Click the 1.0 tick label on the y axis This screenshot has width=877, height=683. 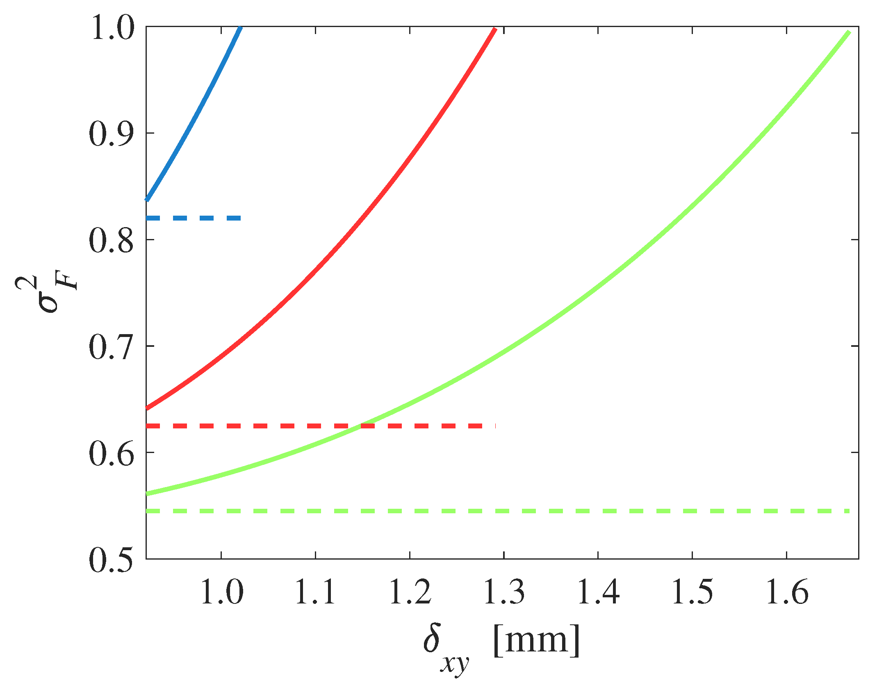point(111,28)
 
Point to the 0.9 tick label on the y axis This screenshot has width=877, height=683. point(111,134)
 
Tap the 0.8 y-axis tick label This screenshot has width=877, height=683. point(111,240)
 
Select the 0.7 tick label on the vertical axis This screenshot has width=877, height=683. point(111,347)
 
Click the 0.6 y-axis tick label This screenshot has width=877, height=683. point(111,453)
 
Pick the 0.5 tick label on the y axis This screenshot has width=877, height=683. point(111,560)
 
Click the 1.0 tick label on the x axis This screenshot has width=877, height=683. point(221,592)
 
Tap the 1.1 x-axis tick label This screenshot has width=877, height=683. point(315,592)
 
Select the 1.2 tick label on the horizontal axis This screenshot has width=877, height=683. point(410,592)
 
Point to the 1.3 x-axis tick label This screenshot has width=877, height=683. point(504,592)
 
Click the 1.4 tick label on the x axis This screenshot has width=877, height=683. point(598,592)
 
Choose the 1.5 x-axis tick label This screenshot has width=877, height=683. point(692,592)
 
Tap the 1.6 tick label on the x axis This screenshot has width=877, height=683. point(786,592)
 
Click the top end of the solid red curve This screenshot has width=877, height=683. point(495,30)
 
